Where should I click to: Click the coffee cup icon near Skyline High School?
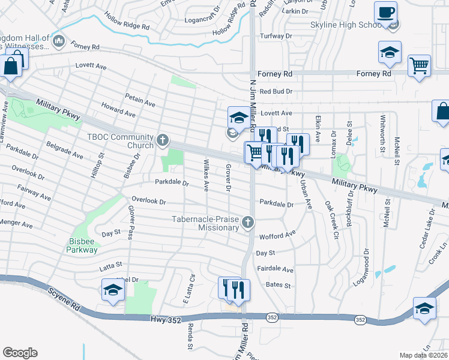coord(385,11)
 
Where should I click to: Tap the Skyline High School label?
coord(345,25)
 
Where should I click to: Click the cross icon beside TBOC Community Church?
coord(162,141)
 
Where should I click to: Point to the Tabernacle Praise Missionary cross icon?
coord(247,223)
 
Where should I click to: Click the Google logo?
coord(19,353)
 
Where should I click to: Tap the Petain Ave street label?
coord(140,100)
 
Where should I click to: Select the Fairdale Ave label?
coord(275,270)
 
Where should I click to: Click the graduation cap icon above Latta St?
coord(113,290)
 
